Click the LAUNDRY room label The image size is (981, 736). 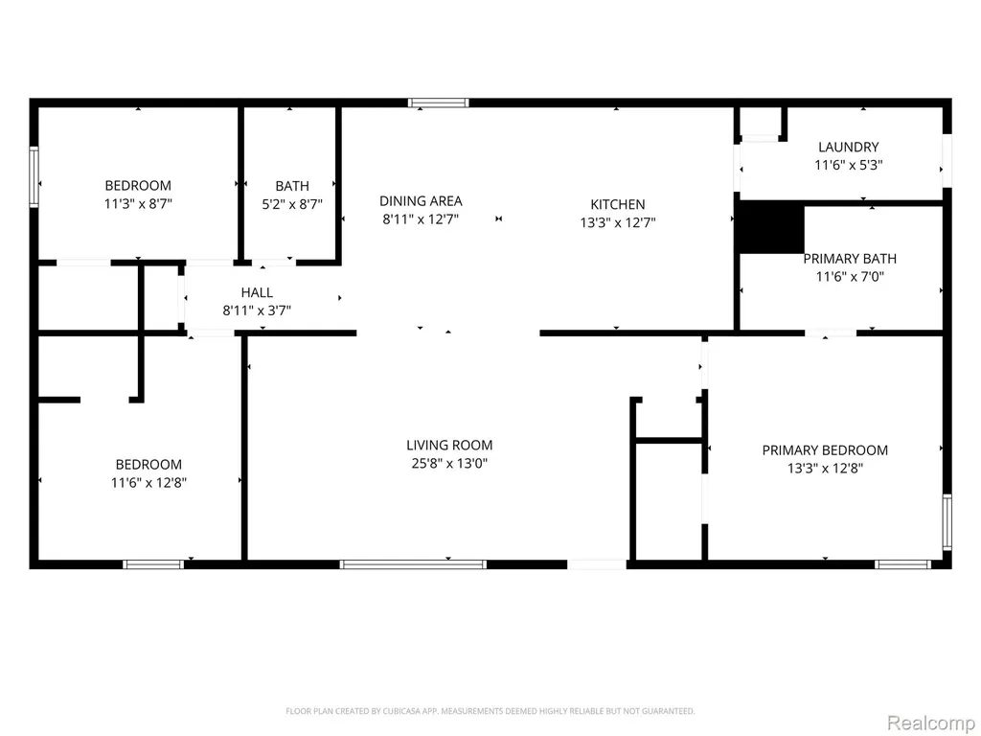[x=849, y=147]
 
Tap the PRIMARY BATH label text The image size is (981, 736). [x=850, y=259]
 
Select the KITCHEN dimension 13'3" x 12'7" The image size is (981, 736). [x=618, y=222]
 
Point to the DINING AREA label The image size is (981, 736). [x=421, y=201]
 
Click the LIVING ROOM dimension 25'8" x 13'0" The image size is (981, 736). [x=449, y=463]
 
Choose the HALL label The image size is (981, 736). [x=257, y=292]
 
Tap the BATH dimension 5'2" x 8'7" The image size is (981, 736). [x=292, y=204]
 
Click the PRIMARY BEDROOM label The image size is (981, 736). [x=825, y=450]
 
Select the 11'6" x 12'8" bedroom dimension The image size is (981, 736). [x=148, y=483]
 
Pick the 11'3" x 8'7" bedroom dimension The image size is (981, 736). [x=138, y=203]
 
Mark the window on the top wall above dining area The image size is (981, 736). [x=438, y=103]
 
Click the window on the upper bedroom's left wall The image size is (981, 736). [x=34, y=177]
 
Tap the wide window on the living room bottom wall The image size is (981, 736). [x=413, y=564]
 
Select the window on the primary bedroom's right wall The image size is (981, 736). [x=947, y=522]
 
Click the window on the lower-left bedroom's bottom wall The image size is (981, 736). [x=153, y=564]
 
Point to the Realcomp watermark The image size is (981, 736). [x=930, y=723]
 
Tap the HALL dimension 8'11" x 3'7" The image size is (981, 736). [x=257, y=310]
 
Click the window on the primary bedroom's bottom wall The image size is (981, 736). [x=902, y=564]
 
